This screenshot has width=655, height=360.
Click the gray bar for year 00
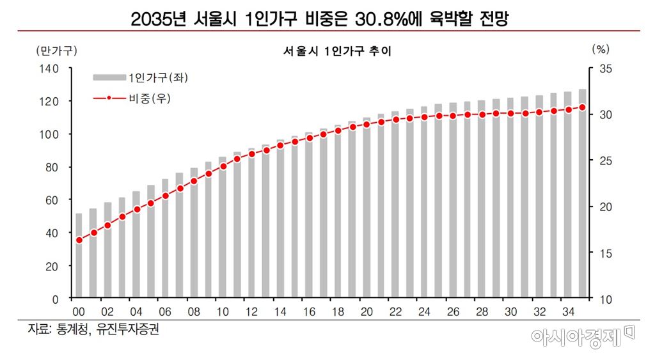click(79, 256)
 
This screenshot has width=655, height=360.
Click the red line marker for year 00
click(79, 240)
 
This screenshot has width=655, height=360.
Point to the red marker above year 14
click(280, 146)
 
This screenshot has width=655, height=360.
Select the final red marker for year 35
click(582, 107)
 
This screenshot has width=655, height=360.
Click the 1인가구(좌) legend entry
click(141, 77)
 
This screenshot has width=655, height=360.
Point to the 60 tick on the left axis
click(52, 200)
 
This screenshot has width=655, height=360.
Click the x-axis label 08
click(194, 312)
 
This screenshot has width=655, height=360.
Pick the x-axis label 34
click(568, 312)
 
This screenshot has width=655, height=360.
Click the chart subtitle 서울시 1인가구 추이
click(336, 51)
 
